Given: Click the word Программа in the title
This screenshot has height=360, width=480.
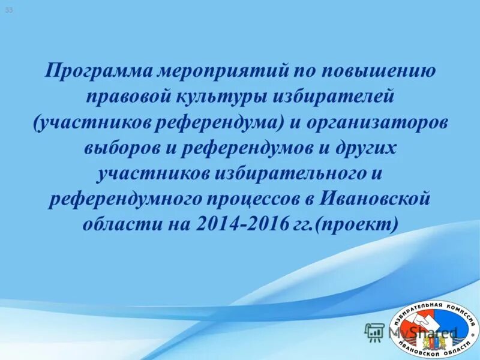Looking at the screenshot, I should (x=98, y=72).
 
